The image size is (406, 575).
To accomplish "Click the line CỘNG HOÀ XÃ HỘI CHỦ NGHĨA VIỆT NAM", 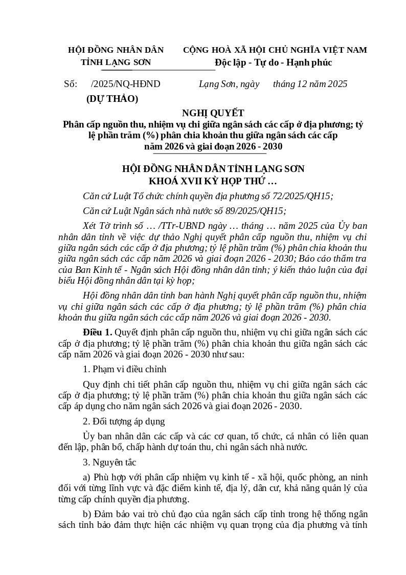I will click(x=275, y=50).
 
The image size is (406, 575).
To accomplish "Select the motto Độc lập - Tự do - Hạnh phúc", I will click(x=274, y=62).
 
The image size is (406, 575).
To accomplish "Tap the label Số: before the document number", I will click(x=71, y=84).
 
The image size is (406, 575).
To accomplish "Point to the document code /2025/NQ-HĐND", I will click(x=125, y=84).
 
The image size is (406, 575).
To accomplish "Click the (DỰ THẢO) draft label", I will click(x=112, y=99).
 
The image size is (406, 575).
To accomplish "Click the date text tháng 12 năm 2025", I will click(x=310, y=84).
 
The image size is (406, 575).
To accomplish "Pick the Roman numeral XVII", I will click(x=190, y=181).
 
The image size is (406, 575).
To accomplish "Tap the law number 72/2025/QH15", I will click(x=298, y=196).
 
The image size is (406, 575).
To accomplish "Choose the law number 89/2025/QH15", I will click(x=251, y=211).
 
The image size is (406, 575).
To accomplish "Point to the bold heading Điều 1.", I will click(x=97, y=332).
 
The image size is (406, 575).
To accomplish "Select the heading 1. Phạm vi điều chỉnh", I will click(x=124, y=369).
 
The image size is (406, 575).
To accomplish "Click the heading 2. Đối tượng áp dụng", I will click(x=124, y=421).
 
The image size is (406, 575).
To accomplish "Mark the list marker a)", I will click(x=87, y=477).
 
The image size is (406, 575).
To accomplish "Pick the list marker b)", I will click(x=87, y=514).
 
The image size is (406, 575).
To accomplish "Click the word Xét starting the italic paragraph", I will click(x=92, y=226).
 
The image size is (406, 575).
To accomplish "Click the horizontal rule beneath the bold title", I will click(x=210, y=153).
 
